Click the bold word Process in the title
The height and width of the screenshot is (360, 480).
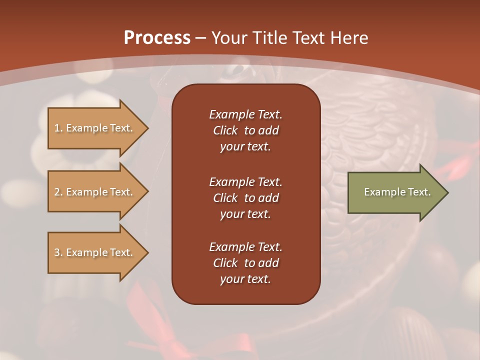[x=157, y=38]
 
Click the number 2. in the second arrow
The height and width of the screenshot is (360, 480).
[x=58, y=192]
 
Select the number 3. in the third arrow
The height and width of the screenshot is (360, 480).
[x=58, y=252]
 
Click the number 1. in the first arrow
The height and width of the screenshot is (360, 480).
[x=58, y=128]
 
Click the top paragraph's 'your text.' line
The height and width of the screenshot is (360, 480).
[x=245, y=147]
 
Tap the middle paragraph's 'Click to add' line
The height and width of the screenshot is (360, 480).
[x=245, y=198]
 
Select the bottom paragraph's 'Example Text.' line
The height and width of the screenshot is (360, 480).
[x=245, y=247]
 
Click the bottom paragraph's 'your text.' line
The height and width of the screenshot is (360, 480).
[x=245, y=279]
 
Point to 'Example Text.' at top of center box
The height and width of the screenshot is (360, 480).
[x=245, y=114]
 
